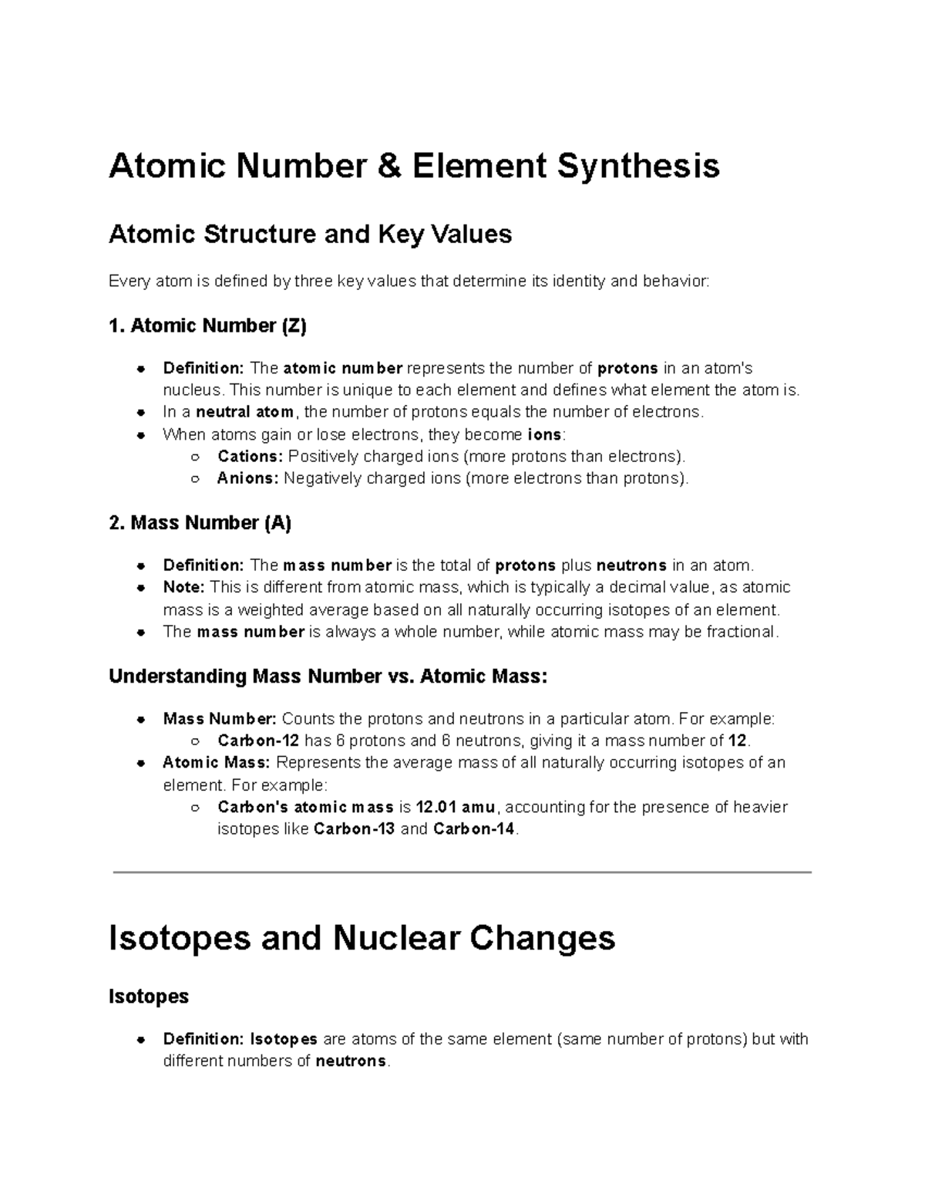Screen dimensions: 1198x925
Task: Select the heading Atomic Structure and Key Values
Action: (311, 234)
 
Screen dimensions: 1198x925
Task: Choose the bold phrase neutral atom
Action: (245, 412)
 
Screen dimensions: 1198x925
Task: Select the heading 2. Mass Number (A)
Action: (200, 523)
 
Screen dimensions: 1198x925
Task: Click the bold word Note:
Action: (183, 588)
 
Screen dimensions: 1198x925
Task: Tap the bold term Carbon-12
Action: (258, 741)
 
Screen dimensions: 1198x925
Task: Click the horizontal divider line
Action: (462, 872)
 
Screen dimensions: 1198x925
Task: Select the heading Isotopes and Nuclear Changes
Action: (362, 939)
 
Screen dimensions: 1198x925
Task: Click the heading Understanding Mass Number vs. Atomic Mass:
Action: (328, 677)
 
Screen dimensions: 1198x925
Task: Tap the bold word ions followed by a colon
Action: (543, 434)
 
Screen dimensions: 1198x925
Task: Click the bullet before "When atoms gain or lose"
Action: (141, 434)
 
